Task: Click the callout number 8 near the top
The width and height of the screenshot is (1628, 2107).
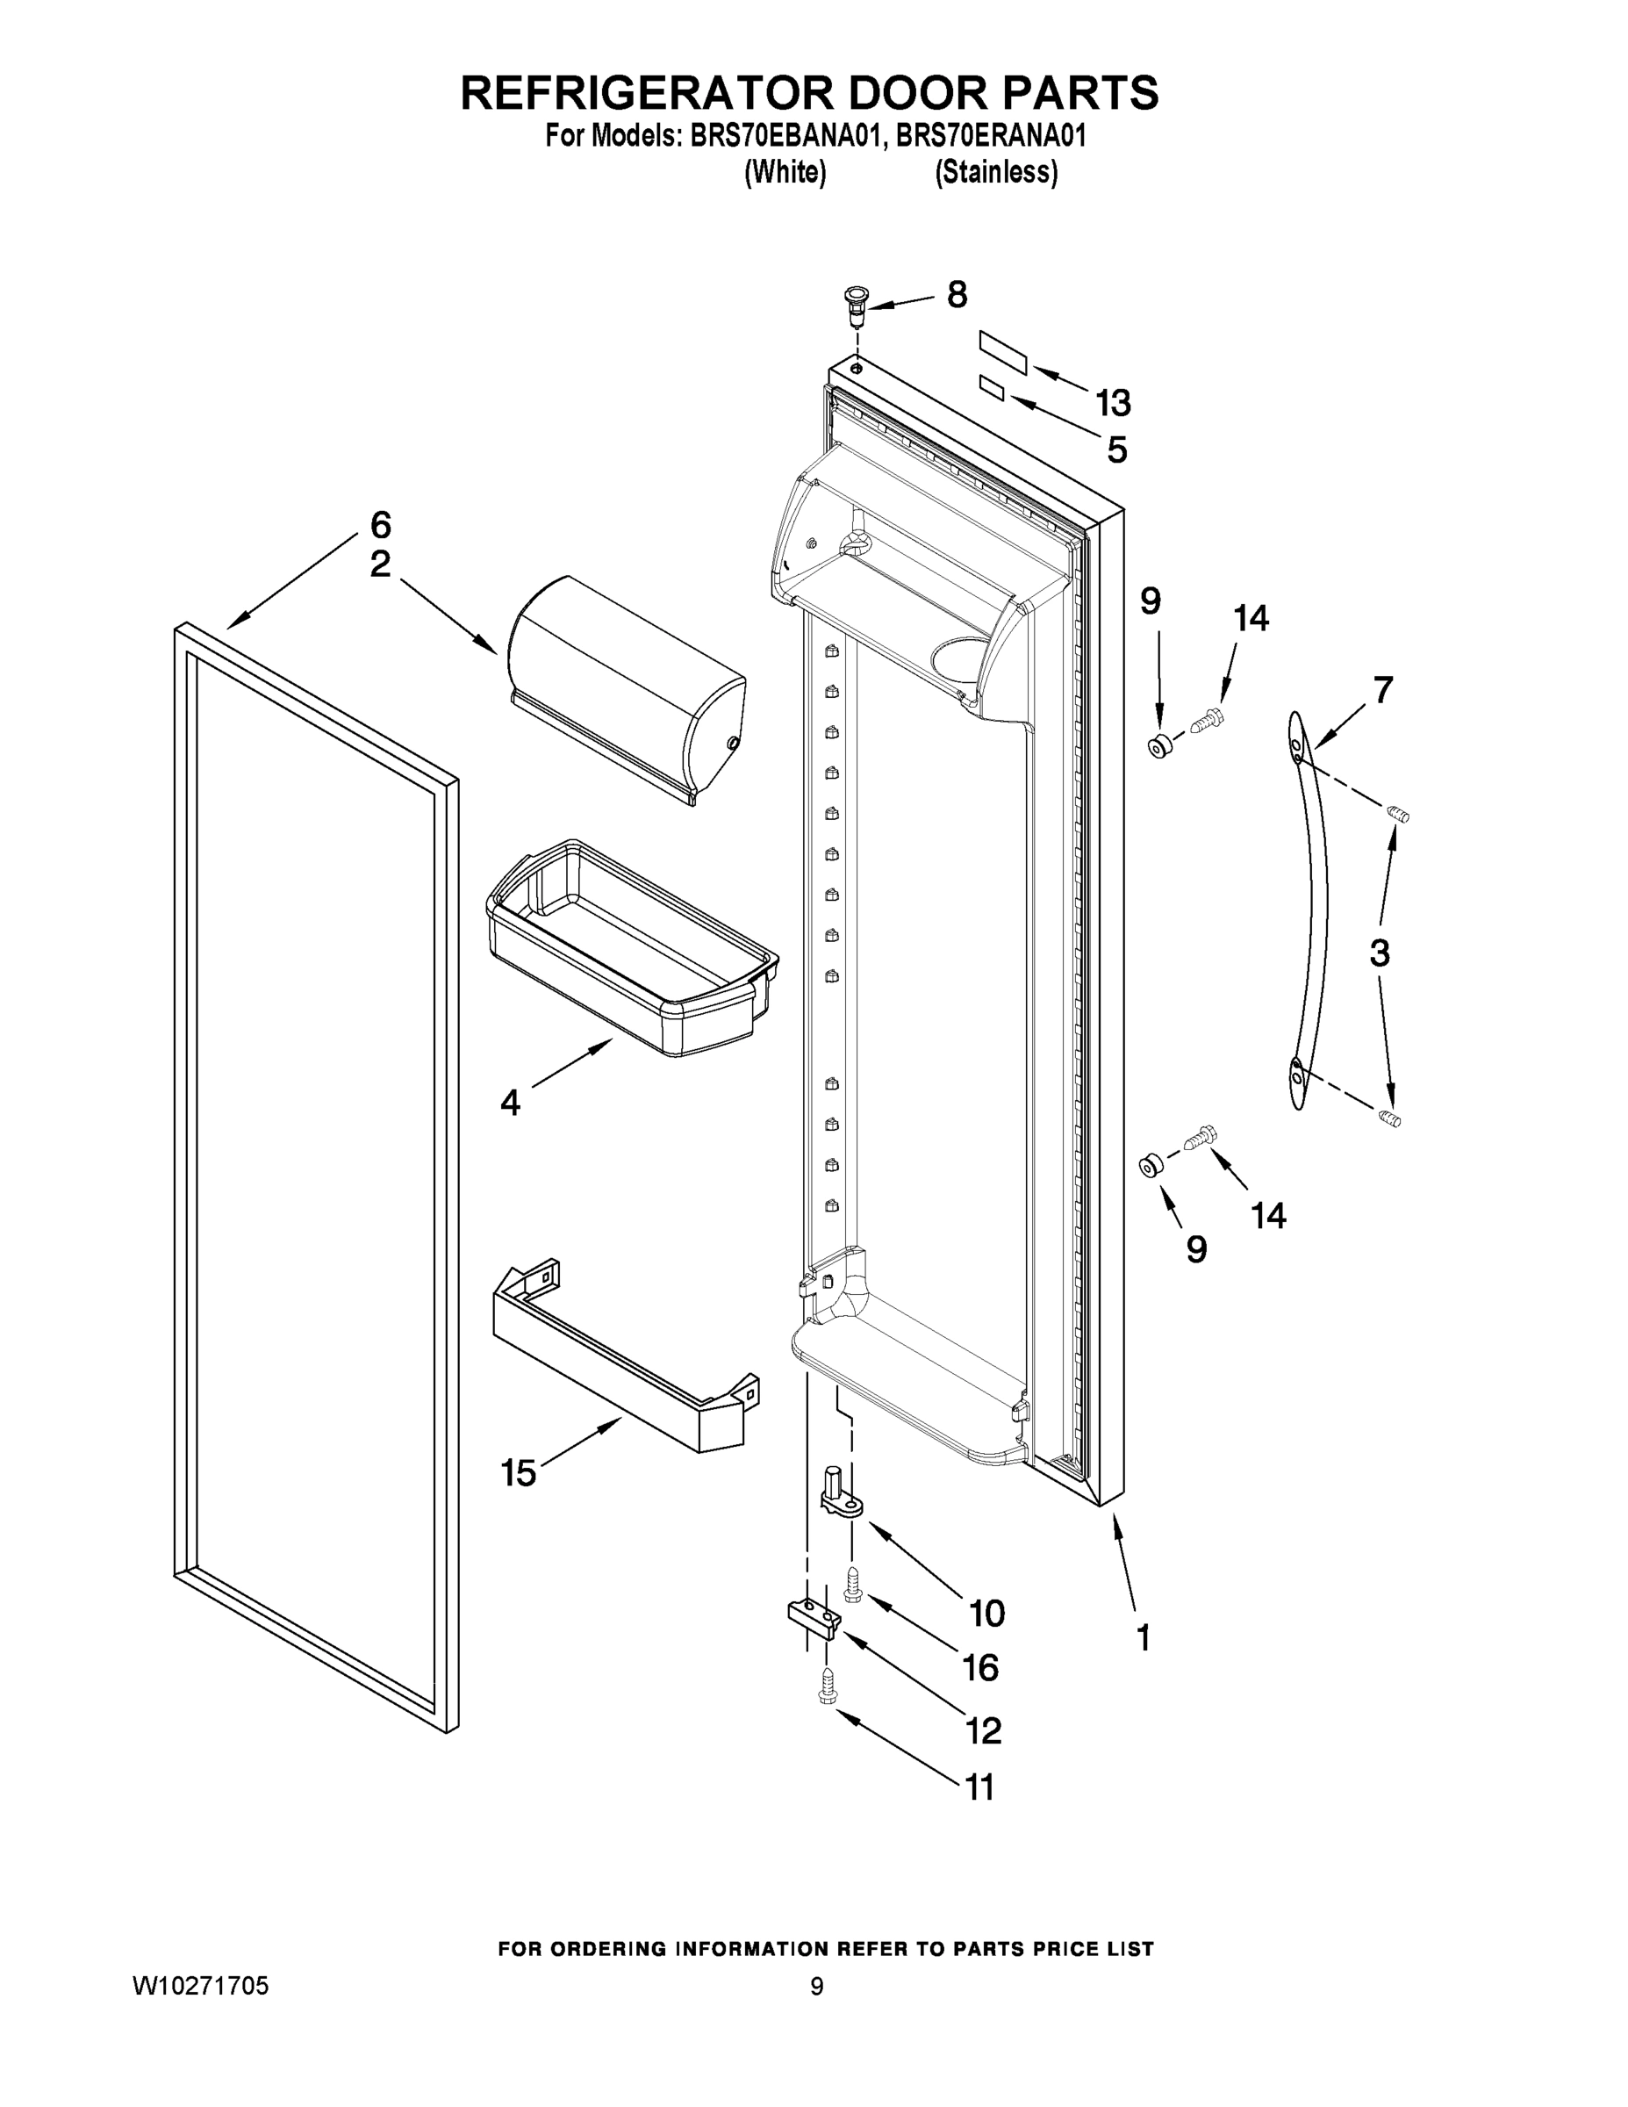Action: click(956, 294)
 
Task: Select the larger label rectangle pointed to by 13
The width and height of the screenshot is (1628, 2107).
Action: click(1003, 351)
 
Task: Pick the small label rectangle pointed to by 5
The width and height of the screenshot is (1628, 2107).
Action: click(992, 389)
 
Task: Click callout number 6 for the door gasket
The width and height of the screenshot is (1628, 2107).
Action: click(381, 525)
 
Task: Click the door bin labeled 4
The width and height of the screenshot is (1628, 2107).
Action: click(632, 950)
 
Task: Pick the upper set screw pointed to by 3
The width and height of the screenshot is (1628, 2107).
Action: click(1397, 816)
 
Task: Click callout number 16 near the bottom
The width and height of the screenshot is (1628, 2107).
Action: click(980, 1667)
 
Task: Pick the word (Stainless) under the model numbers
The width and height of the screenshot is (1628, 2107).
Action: click(995, 173)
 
